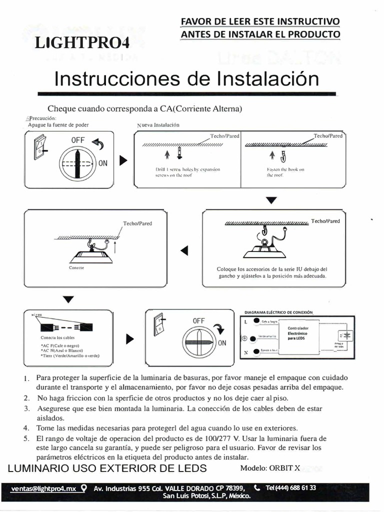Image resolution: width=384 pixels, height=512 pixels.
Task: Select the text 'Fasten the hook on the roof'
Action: click(x=285, y=172)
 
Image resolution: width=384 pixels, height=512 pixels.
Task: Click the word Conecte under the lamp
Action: click(x=76, y=268)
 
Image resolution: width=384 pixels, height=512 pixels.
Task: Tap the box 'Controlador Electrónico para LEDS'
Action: click(x=298, y=333)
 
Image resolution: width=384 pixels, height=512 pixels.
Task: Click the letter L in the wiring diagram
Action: click(x=245, y=321)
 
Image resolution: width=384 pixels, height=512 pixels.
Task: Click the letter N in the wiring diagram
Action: click(x=245, y=353)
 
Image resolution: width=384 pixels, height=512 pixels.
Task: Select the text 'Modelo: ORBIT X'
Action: click(x=270, y=468)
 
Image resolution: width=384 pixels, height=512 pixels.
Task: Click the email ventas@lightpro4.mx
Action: click(x=43, y=488)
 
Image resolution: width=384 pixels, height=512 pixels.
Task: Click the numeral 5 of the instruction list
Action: click(x=26, y=438)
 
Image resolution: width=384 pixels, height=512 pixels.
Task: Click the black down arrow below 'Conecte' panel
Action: click(x=68, y=299)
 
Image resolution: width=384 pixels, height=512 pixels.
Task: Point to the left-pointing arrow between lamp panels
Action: click(x=184, y=250)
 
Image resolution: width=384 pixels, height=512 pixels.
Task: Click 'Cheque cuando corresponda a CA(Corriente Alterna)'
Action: click(x=144, y=108)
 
